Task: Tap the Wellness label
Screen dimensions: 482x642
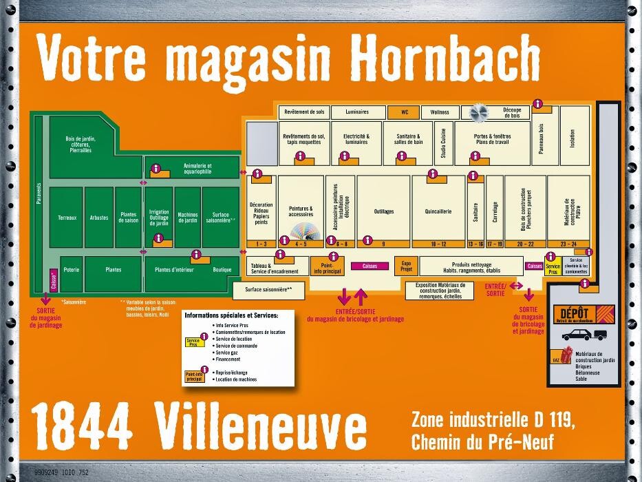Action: click(440, 112)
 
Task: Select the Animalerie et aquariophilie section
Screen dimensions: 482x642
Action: click(197, 169)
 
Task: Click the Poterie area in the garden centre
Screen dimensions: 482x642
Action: click(71, 270)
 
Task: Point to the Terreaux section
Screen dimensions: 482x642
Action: click(67, 218)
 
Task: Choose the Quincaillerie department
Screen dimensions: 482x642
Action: click(438, 212)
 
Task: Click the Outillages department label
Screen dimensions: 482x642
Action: click(384, 212)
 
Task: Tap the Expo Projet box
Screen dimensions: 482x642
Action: click(406, 266)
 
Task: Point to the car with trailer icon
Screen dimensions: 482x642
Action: click(584, 335)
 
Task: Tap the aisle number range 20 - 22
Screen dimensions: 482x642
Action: click(526, 244)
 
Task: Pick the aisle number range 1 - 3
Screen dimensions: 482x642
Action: click(261, 244)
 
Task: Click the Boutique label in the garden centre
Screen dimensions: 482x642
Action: click(222, 270)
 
